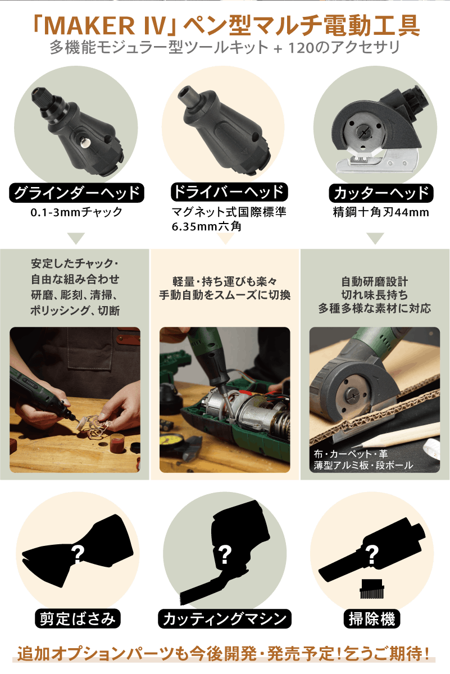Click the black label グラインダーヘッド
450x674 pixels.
click(x=76, y=193)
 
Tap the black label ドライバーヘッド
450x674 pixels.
click(x=229, y=192)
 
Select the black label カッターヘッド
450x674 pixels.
click(x=381, y=193)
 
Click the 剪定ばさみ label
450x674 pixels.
click(x=78, y=618)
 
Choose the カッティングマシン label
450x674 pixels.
click(x=225, y=618)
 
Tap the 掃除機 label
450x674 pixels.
click(x=372, y=618)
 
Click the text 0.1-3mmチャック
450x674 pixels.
click(x=76, y=212)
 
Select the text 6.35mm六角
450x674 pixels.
click(x=207, y=226)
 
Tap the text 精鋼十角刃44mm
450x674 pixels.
click(x=381, y=212)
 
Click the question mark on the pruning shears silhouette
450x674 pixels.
click(x=78, y=554)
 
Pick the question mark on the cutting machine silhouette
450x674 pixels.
click(x=225, y=554)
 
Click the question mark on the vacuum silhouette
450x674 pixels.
click(x=372, y=554)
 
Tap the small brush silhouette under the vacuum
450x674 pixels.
click(x=372, y=589)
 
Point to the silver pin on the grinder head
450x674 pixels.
click(x=86, y=142)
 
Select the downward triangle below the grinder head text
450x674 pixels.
click(x=76, y=238)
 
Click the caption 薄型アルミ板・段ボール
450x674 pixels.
click(x=363, y=465)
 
